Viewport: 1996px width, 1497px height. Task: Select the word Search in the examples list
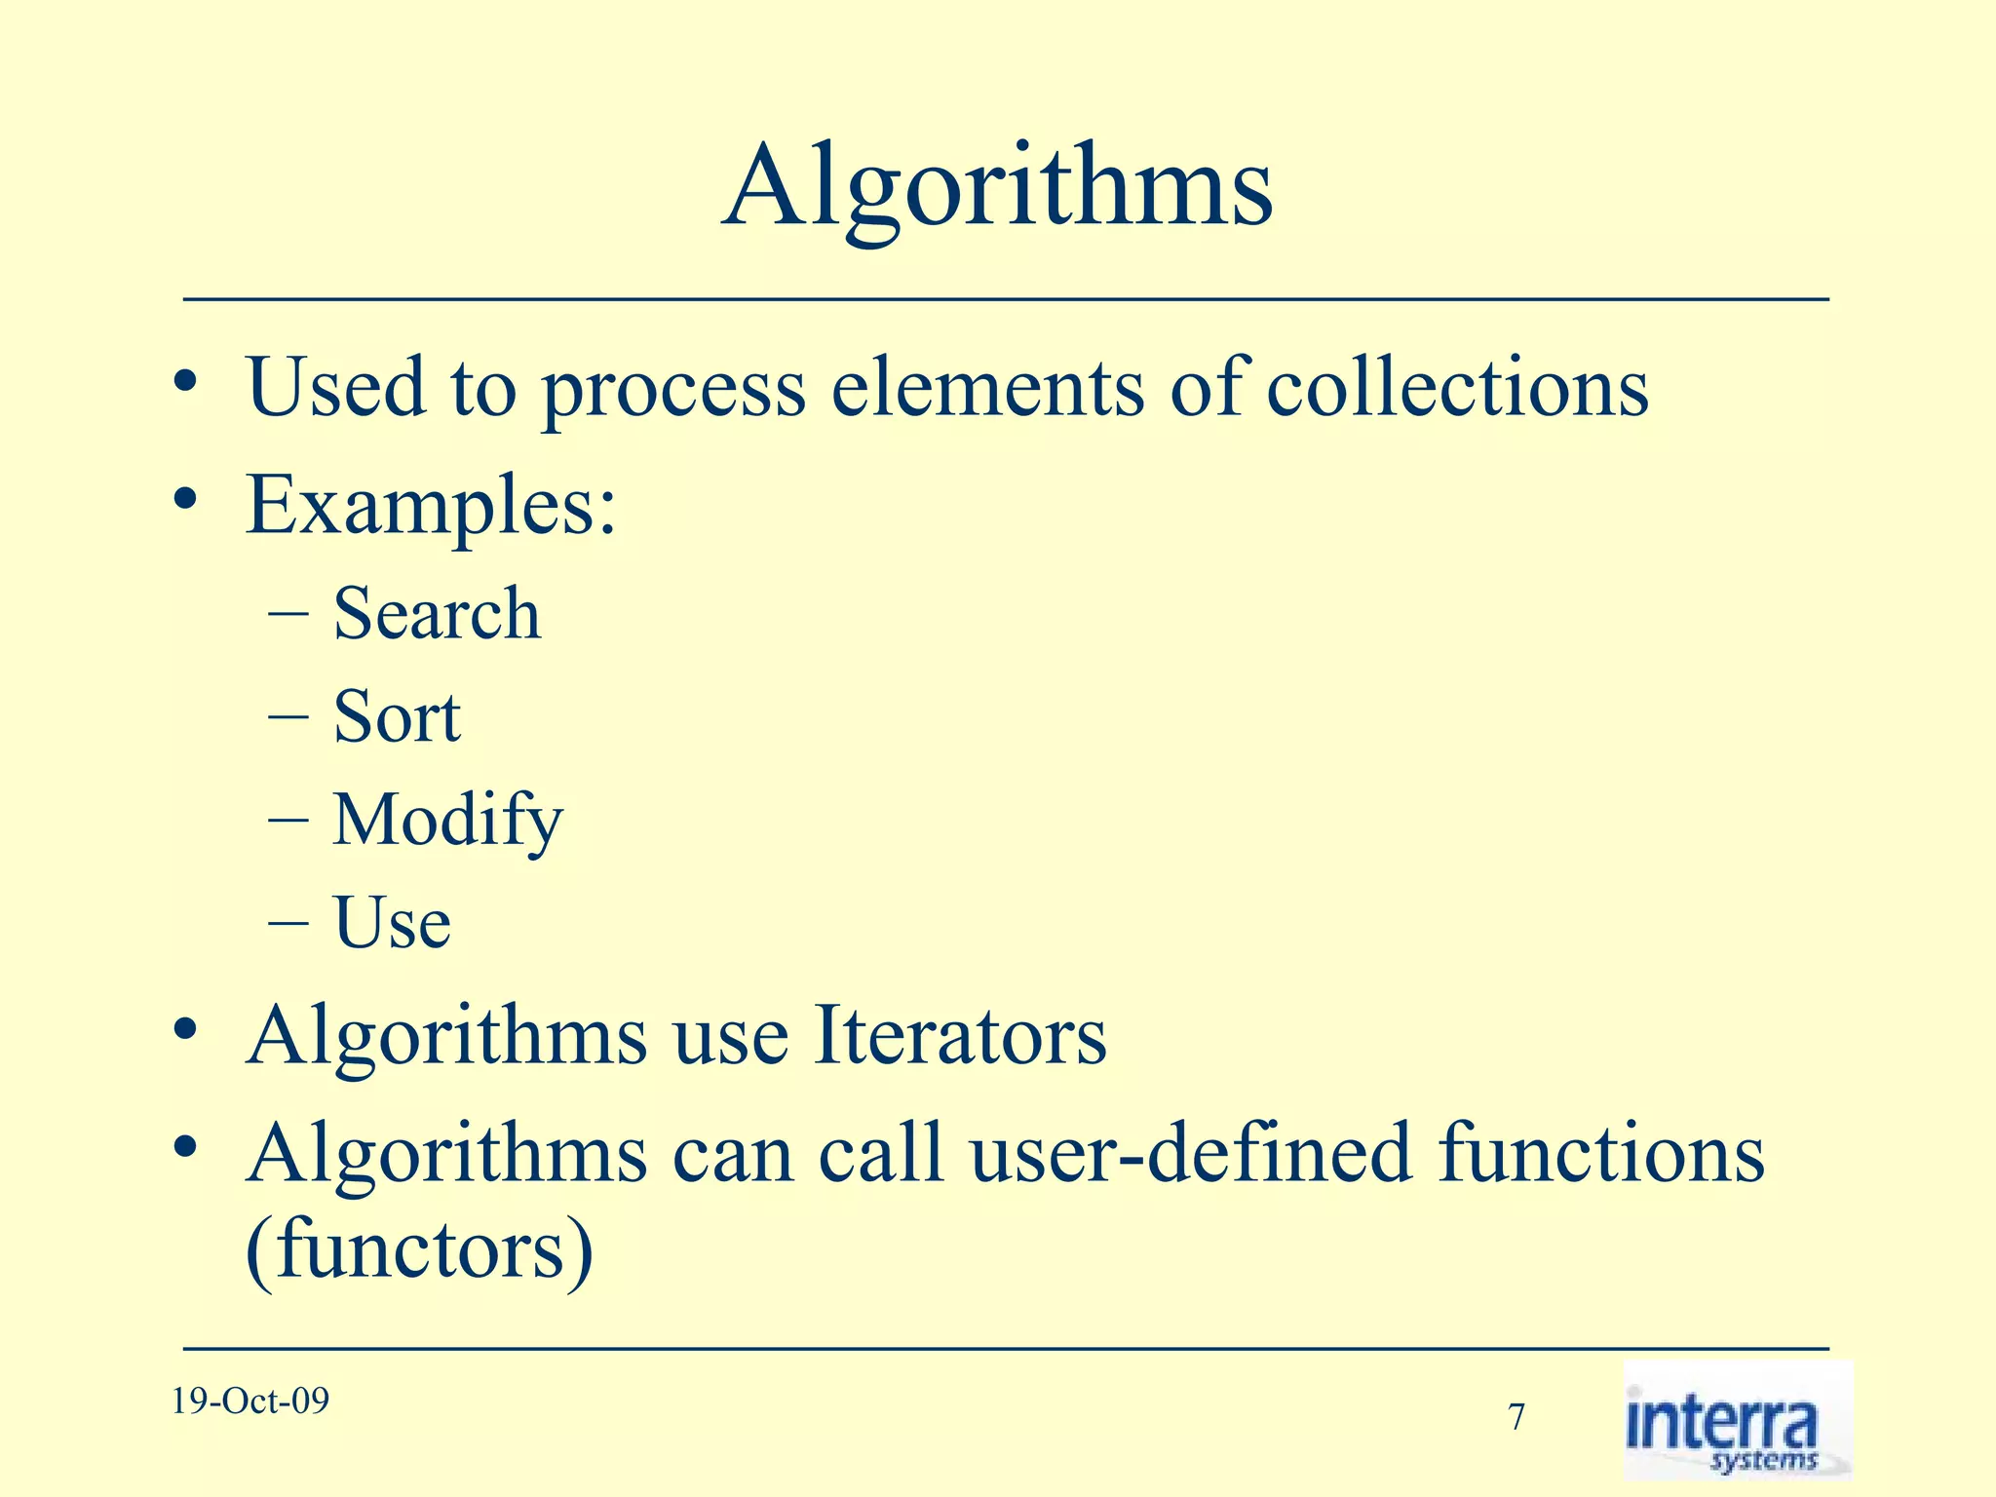coord(437,614)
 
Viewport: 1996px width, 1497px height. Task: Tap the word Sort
coord(397,717)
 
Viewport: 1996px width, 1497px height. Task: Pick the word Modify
coord(447,821)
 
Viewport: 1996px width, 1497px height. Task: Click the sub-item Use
coord(392,923)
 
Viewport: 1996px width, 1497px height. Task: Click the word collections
coord(1457,388)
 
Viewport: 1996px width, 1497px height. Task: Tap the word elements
coord(987,388)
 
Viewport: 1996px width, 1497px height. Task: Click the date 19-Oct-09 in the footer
coord(250,1401)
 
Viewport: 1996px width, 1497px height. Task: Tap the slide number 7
coord(1516,1417)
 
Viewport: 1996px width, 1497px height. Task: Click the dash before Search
coord(288,615)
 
